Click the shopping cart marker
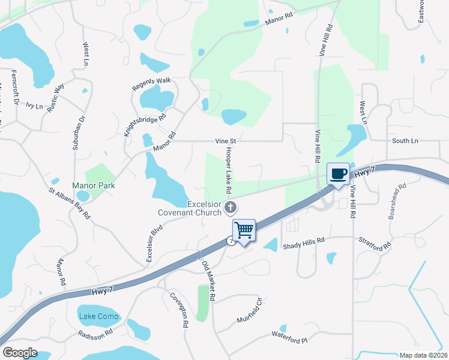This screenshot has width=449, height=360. coord(244,230)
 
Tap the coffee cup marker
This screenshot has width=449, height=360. coord(338,174)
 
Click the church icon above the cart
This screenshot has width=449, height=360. coord(231,208)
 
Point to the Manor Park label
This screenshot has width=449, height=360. coord(94,185)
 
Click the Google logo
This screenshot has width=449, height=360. coord(20,352)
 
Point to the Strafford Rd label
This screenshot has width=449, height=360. coord(377,245)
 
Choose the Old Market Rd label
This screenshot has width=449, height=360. coord(208,281)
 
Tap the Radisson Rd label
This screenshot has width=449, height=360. coord(95,332)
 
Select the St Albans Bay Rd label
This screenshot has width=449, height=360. coord(70,203)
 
